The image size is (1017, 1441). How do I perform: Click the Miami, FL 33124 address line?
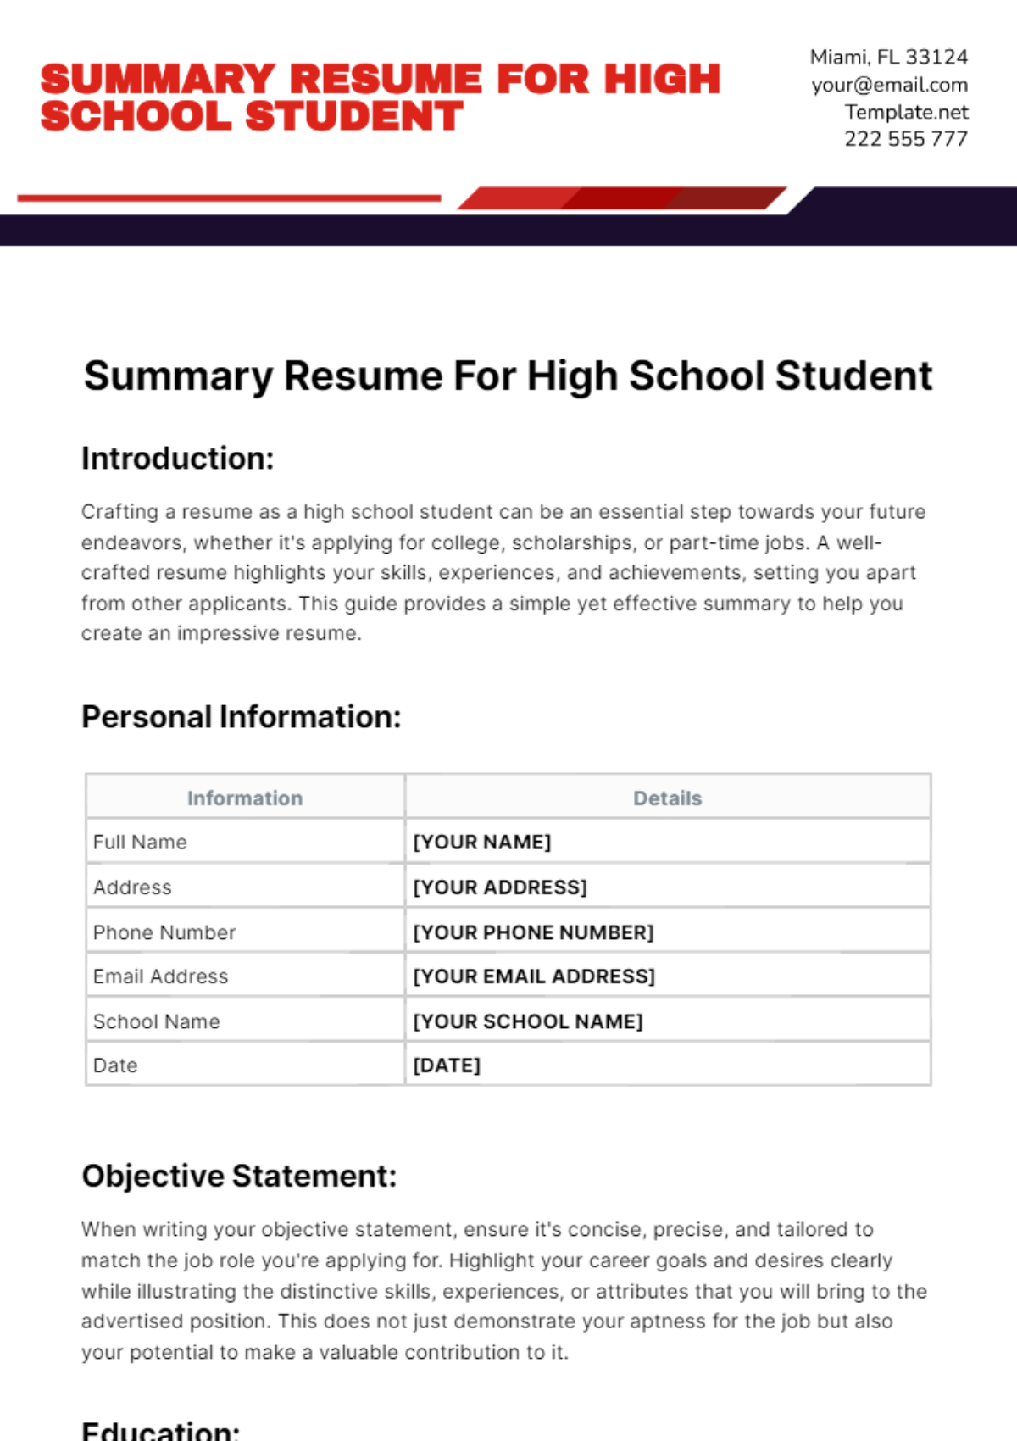pyautogui.click(x=888, y=57)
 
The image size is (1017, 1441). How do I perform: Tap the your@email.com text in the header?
pyautogui.click(x=889, y=85)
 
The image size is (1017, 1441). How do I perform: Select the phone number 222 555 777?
pyautogui.click(x=905, y=139)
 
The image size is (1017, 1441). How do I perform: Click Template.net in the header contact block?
pyautogui.click(x=906, y=112)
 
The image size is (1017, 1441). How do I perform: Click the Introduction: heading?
pyautogui.click(x=178, y=459)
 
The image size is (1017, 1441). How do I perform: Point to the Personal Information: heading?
pyautogui.click(x=242, y=717)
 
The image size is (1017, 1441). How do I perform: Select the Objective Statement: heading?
pyautogui.click(x=239, y=1177)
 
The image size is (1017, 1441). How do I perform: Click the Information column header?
pyautogui.click(x=245, y=798)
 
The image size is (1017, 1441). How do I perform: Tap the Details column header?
pyautogui.click(x=668, y=798)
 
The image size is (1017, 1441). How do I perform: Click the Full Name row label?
pyautogui.click(x=140, y=843)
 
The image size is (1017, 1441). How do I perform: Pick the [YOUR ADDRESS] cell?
pyautogui.click(x=500, y=887)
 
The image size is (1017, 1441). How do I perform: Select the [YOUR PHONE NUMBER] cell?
pyautogui.click(x=533, y=932)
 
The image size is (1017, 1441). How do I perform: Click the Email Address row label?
pyautogui.click(x=161, y=976)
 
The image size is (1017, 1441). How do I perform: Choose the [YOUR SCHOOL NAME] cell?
pyautogui.click(x=528, y=1021)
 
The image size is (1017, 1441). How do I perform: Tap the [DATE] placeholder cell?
pyautogui.click(x=447, y=1065)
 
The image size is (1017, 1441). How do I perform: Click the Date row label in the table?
pyautogui.click(x=115, y=1065)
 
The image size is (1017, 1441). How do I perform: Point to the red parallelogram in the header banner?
pyautogui.click(x=621, y=198)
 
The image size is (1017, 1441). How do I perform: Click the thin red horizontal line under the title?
pyautogui.click(x=229, y=198)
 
